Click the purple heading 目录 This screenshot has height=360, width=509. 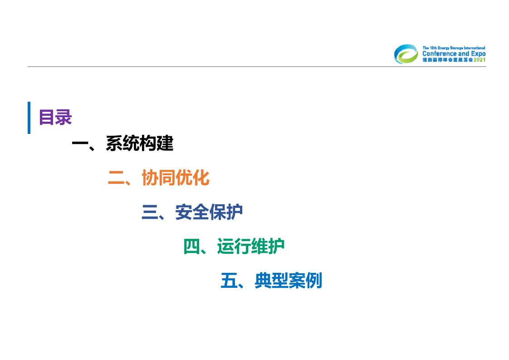click(55, 117)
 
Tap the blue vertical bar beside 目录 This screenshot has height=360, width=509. click(29, 118)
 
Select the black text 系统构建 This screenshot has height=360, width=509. click(140, 143)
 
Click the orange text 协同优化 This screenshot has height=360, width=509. click(176, 178)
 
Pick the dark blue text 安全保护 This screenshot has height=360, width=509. click(209, 212)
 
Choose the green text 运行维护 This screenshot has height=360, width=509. click(250, 247)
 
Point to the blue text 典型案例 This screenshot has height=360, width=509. click(288, 281)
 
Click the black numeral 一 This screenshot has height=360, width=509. click(80, 143)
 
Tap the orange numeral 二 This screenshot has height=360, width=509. click(116, 178)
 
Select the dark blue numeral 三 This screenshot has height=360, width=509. click(150, 212)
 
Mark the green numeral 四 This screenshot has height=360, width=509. click(191, 247)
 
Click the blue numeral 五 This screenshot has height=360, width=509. click(229, 281)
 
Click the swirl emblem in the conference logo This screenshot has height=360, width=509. click(406, 54)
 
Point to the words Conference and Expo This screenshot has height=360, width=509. click(454, 54)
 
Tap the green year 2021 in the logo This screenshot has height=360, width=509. click(480, 60)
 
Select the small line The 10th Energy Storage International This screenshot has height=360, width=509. click(454, 48)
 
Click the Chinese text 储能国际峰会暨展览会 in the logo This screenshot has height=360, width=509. click(448, 60)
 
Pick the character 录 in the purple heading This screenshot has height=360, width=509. click(64, 117)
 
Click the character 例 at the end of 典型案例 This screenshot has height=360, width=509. click(313, 281)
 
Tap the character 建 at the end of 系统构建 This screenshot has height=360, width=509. click(165, 143)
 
